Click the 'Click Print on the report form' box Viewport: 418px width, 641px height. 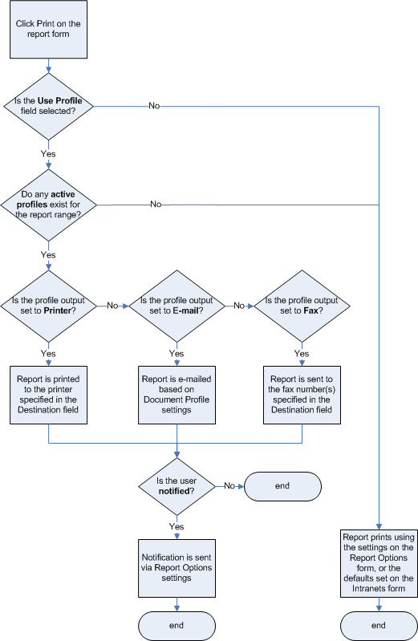48,30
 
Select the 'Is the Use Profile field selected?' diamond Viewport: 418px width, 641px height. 48,106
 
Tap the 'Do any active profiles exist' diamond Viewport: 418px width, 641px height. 48,205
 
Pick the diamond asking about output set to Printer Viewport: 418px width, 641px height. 48,305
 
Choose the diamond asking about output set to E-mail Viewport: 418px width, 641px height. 176,305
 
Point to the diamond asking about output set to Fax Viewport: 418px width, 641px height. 302,305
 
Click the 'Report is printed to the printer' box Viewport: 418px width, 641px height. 49,395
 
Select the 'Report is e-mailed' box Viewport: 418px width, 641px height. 176,395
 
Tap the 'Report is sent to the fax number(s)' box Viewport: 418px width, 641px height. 302,395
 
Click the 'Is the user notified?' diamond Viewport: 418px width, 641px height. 176,485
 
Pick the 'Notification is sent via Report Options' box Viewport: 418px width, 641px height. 177,567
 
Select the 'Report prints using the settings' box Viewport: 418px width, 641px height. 378,562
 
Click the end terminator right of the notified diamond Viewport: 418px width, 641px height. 282,485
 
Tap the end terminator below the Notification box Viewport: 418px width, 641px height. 177,625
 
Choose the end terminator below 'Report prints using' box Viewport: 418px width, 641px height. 379,625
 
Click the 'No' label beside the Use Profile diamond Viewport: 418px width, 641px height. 154,106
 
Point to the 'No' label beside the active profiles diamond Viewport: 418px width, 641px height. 156,205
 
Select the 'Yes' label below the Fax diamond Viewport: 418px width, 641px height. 302,353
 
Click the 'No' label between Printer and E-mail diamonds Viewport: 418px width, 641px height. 112,306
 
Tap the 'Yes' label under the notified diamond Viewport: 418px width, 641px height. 176,526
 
